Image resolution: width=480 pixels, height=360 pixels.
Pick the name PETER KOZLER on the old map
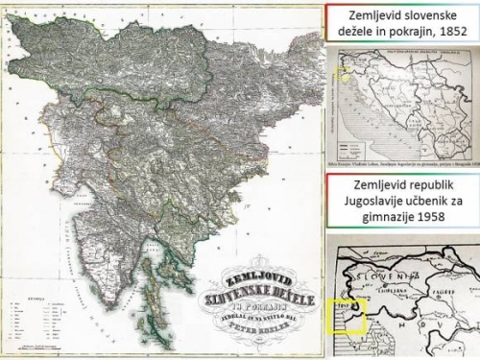pyautogui.click(x=252, y=311)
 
